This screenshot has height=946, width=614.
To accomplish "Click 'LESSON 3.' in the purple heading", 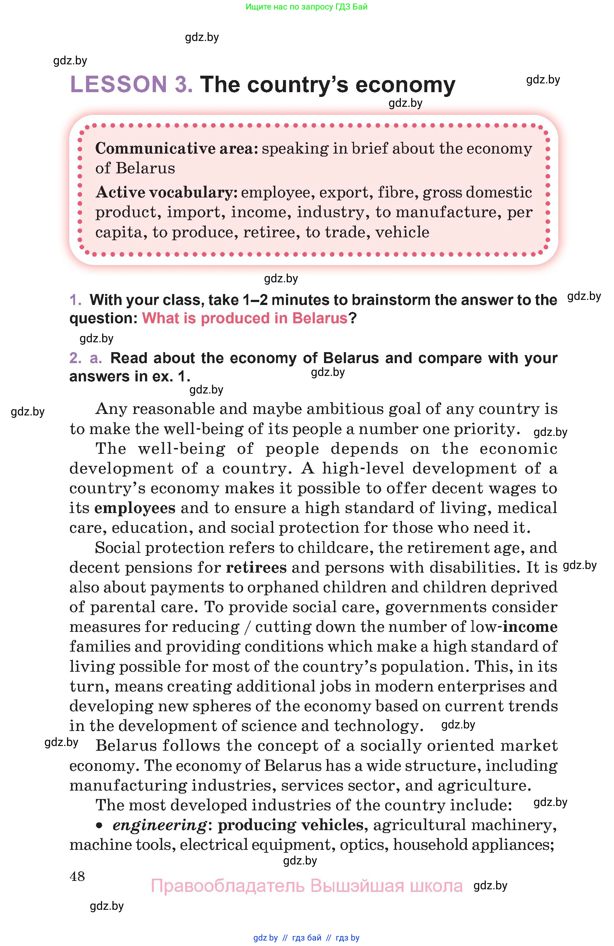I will point(131,85).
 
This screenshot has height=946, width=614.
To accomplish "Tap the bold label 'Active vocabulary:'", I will point(166,192).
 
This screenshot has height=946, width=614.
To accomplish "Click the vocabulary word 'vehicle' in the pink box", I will point(402,232).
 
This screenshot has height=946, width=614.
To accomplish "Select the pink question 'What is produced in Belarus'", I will point(245,319).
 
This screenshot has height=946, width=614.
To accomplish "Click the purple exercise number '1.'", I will point(76,300).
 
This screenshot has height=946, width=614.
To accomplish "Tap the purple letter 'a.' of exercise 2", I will point(96,358).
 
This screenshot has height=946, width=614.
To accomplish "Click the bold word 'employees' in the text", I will point(134,508).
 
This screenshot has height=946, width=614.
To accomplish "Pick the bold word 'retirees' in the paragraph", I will point(256,568).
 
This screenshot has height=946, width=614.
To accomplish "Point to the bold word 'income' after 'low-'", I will point(530,627).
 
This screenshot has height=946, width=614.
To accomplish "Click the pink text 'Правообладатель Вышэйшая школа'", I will point(306,886).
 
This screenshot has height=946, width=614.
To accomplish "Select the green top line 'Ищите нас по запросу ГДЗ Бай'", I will point(306,7).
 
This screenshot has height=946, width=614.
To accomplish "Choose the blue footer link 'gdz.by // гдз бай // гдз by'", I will point(306,938).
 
